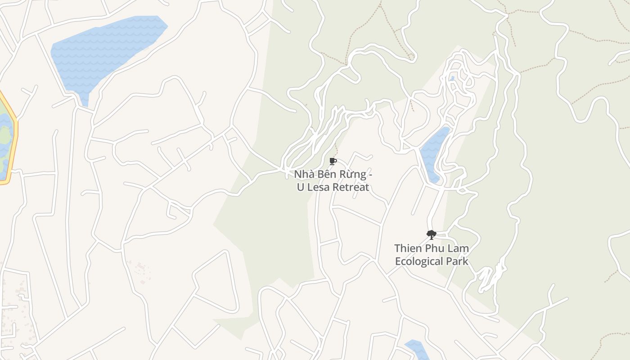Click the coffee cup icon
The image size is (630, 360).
[x=333, y=161]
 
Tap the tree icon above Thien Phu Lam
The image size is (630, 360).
[x=431, y=234]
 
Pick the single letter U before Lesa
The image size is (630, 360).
[x=300, y=187]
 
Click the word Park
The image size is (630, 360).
[x=458, y=261]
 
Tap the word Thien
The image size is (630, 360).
[x=408, y=248]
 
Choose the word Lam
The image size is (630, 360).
[x=459, y=248]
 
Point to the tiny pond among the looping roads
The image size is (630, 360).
[x=452, y=79]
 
